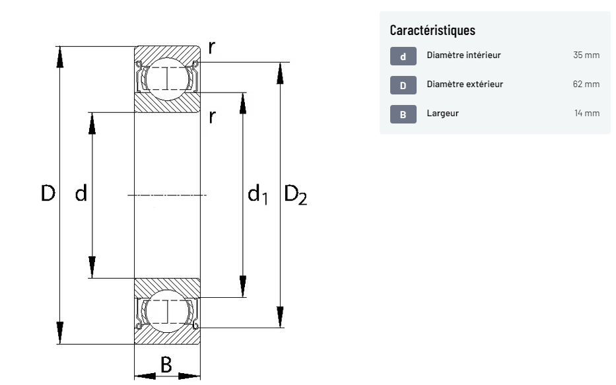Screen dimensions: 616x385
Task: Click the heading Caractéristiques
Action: (432, 30)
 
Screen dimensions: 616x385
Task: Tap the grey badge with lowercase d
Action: (403, 56)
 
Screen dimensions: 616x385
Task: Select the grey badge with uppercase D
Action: (403, 85)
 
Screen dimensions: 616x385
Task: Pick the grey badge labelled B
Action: (403, 114)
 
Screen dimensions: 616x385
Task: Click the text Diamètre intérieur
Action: (463, 55)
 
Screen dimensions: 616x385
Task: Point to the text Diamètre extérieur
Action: (465, 84)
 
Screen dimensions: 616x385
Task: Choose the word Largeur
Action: (443, 113)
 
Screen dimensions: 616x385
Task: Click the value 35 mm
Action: (586, 55)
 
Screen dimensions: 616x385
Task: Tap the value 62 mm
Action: (586, 84)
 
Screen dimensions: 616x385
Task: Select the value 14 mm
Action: (587, 113)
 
